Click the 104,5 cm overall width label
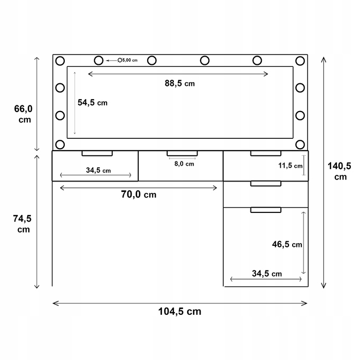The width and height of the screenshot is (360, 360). point(180,312)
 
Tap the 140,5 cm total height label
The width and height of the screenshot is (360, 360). point(339,171)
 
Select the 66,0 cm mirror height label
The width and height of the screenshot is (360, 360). point(24,114)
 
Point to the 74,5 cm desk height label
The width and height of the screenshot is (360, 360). point(22,224)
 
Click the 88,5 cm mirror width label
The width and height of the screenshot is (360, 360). point(180,83)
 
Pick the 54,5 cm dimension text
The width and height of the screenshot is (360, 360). point(93,103)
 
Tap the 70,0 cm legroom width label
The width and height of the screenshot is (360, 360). point(139,194)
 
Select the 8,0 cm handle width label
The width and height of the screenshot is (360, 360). point(184,164)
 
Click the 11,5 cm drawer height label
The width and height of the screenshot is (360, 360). point(291,166)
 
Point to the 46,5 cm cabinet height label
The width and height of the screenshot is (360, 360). point(287,244)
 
